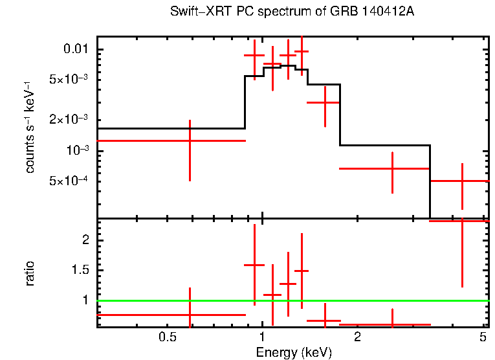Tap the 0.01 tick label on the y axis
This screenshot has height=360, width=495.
(x=74, y=50)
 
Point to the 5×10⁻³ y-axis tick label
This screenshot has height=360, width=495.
(x=69, y=80)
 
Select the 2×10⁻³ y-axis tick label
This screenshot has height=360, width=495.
(x=69, y=120)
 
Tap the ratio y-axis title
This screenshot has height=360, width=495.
(x=30, y=274)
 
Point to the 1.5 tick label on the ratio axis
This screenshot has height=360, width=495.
(x=80, y=270)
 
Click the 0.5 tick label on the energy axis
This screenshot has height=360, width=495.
(x=168, y=338)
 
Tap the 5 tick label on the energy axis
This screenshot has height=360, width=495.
(x=483, y=338)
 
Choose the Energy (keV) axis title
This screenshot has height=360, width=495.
(x=294, y=352)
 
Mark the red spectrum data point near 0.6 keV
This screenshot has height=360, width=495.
(x=190, y=141)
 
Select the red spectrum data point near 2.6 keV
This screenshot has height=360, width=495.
(x=392, y=168)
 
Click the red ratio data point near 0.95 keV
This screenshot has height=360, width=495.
(x=254, y=265)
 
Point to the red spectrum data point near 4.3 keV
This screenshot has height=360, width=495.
(x=462, y=181)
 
